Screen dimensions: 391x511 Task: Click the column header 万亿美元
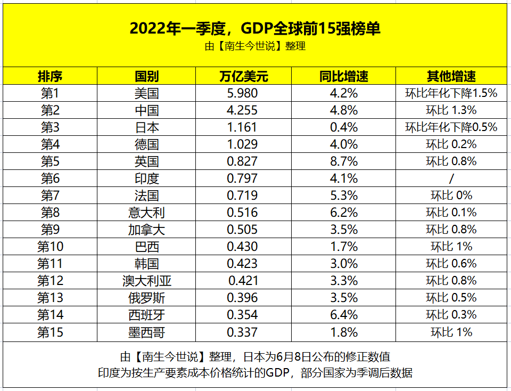click(x=243, y=76)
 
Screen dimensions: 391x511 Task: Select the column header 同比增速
click(x=344, y=76)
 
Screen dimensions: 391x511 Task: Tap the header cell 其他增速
click(x=451, y=76)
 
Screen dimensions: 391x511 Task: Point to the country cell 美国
click(x=146, y=94)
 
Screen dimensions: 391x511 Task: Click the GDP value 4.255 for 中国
click(x=243, y=111)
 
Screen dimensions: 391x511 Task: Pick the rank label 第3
click(x=50, y=128)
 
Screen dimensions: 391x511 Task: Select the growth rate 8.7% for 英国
click(x=344, y=161)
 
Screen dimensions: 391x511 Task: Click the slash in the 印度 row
click(x=451, y=178)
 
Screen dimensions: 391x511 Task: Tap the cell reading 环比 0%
click(x=451, y=195)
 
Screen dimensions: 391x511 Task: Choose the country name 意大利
click(x=146, y=213)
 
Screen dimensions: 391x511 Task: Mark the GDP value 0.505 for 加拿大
click(x=243, y=230)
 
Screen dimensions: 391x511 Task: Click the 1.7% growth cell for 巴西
click(x=344, y=247)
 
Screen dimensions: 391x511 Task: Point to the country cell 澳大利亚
click(x=147, y=281)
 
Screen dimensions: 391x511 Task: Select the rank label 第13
click(x=50, y=298)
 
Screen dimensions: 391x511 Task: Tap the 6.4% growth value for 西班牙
click(x=344, y=315)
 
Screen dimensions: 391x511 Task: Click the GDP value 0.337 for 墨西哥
click(x=243, y=332)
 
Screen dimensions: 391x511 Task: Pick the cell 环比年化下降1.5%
click(x=451, y=94)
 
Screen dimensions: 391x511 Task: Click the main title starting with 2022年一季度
click(x=255, y=28)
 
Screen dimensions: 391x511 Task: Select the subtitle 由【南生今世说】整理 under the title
click(x=255, y=46)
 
